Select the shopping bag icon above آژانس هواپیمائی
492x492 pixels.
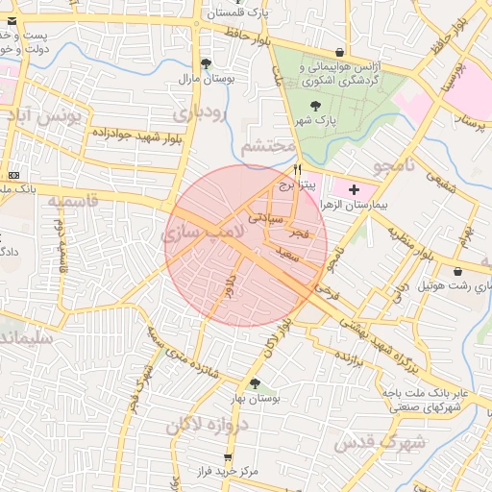coord(338,53)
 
